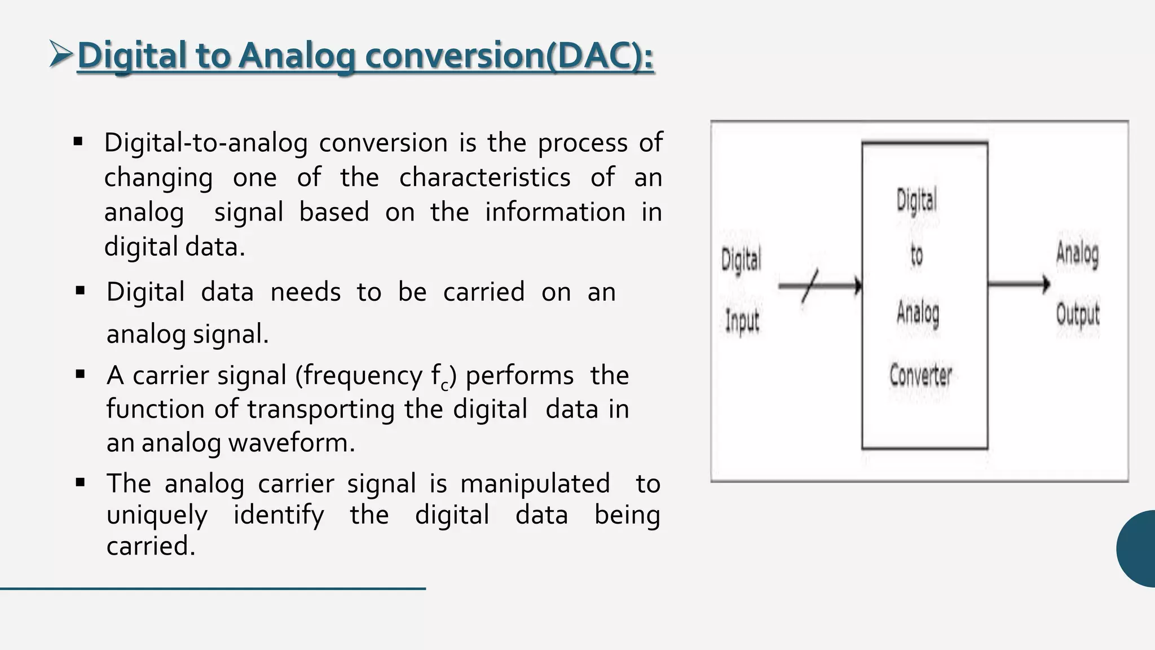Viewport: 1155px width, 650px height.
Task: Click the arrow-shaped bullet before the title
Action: coord(61,55)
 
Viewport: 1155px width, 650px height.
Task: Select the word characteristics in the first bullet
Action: coord(484,177)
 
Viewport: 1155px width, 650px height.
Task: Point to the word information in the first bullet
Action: coord(555,212)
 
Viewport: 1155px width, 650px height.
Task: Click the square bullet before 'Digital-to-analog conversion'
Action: coord(78,142)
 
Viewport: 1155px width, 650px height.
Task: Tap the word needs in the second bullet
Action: coord(305,292)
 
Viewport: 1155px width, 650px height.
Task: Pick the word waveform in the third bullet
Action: coord(292,443)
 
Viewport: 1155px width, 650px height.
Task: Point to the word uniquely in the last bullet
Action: coord(157,515)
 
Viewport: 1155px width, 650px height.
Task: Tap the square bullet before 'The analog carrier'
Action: coord(80,482)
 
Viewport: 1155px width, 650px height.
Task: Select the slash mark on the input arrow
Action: coord(809,287)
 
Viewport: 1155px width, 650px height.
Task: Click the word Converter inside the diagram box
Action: coord(920,375)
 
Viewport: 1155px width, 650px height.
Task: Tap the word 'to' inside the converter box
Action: coord(916,255)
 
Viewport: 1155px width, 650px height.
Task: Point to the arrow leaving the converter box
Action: coord(1019,284)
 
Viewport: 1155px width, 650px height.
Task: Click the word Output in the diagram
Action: coord(1077,315)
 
